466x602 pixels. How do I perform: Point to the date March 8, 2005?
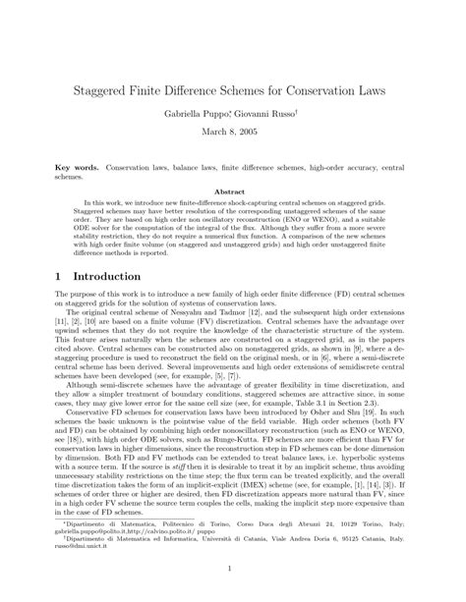click(233, 136)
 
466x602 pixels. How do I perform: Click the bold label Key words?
click(76, 170)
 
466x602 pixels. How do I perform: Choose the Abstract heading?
click(233, 192)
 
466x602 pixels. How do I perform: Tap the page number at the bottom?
click(233, 569)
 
